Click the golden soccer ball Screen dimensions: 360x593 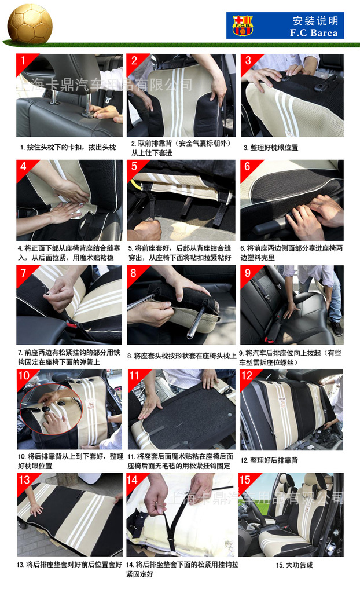(x=30, y=24)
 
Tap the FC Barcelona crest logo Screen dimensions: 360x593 (x=243, y=25)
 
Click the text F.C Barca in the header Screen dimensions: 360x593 (x=314, y=33)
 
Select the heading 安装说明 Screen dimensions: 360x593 (x=315, y=20)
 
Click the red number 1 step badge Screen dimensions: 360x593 (x=24, y=60)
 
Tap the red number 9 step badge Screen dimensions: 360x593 (x=248, y=273)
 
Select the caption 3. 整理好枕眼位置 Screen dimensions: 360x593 (x=271, y=148)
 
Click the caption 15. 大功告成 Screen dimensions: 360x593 (x=295, y=565)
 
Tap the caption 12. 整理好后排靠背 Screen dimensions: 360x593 (x=269, y=460)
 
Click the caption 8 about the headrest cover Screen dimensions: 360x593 (x=182, y=356)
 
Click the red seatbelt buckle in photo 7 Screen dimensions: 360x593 (x=71, y=324)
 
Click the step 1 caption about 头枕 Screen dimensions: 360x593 (x=68, y=147)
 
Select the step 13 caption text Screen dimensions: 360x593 (x=69, y=565)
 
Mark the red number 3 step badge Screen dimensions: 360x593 (x=248, y=60)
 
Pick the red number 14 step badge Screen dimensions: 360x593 (x=133, y=480)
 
